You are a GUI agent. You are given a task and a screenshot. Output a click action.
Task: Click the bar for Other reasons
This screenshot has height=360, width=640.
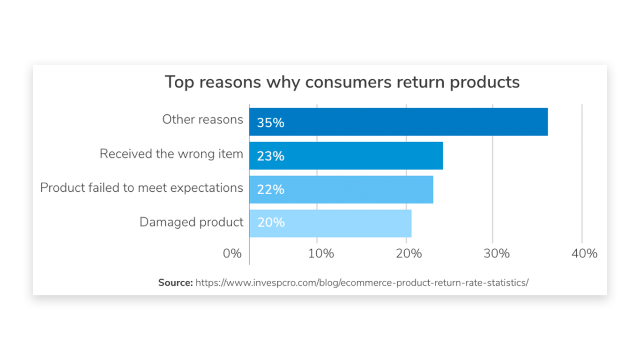coord(398,122)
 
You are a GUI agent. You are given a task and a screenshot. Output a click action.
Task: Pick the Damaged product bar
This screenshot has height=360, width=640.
coord(330,223)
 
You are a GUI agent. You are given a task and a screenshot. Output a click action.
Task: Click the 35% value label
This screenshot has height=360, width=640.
coord(270,123)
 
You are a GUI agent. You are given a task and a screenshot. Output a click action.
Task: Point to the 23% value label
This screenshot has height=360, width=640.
coord(270,156)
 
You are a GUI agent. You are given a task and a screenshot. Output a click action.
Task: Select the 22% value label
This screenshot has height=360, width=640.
coord(270,190)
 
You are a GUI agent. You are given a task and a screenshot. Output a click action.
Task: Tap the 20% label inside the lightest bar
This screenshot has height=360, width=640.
coord(271,223)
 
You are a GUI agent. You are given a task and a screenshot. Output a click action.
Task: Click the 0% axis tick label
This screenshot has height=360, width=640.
coord(232,254)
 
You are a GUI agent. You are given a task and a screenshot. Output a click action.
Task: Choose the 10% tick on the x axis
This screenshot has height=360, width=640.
coord(321,254)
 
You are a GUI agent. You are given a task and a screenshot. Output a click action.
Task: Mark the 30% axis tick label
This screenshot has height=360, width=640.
coord(496,254)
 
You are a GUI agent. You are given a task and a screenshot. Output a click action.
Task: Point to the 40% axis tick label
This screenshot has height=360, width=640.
coord(584,254)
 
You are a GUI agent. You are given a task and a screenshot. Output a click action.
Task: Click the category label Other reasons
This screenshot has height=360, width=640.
coord(202,120)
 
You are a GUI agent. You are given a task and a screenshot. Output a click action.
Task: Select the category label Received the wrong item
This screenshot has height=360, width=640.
coord(171,154)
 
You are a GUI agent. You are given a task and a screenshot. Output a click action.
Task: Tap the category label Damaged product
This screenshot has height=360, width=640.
coord(191,222)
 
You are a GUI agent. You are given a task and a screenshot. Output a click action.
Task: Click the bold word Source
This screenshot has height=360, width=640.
coord(175,283)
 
